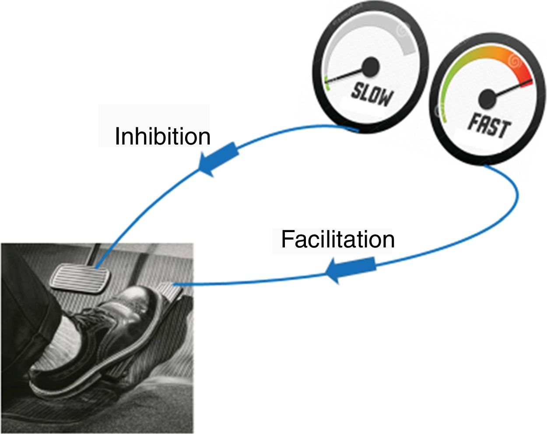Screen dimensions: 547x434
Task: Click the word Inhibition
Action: (x=162, y=136)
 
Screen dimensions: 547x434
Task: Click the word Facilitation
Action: (x=337, y=239)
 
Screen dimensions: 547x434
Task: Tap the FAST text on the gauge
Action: (x=489, y=126)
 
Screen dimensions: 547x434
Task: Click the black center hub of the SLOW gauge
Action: (x=371, y=67)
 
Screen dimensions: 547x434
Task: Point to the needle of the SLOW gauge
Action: (x=346, y=74)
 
